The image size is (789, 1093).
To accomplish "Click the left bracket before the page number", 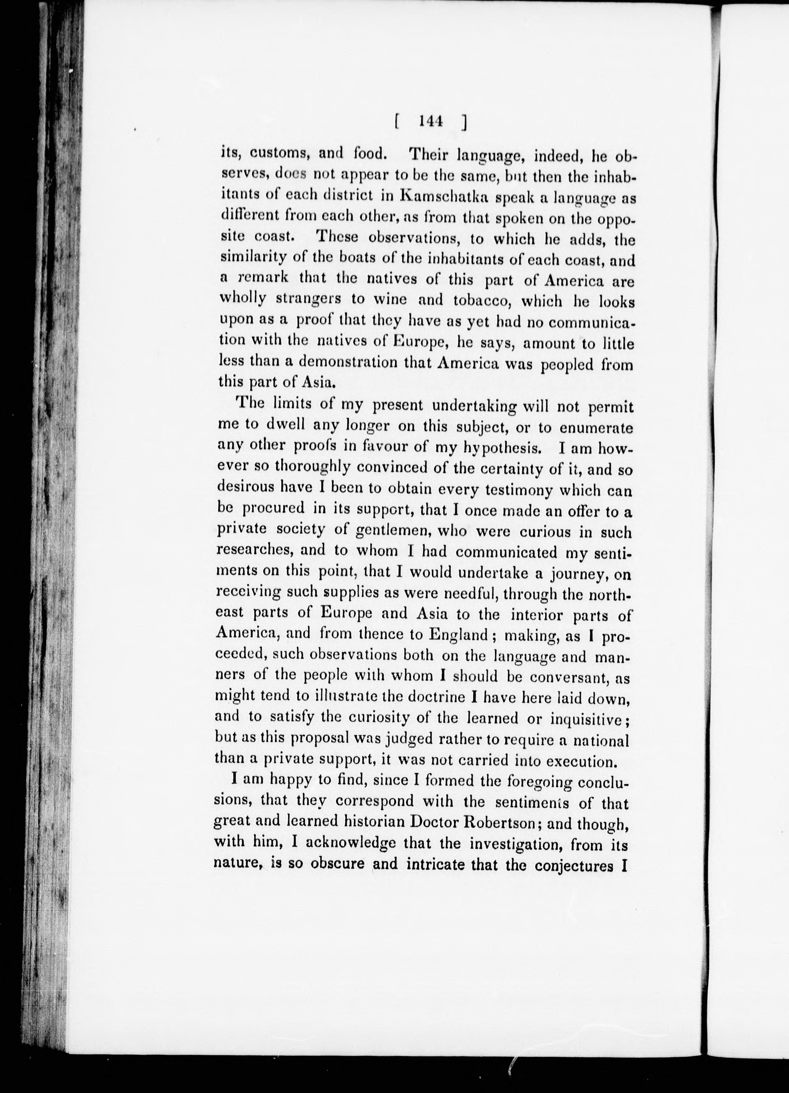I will [x=396, y=123].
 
